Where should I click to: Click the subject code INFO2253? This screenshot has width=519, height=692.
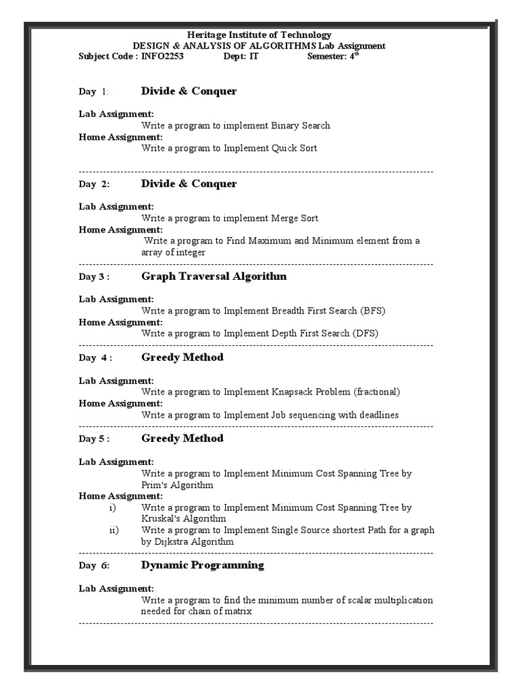point(162,57)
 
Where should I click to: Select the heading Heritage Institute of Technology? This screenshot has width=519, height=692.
point(259,35)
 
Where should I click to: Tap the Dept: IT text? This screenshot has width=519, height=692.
point(241,57)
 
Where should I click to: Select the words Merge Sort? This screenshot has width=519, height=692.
point(294,218)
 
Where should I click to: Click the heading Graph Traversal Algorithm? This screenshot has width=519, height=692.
point(214,276)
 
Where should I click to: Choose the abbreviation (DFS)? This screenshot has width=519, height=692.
point(365,333)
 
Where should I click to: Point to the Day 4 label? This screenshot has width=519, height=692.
point(95,358)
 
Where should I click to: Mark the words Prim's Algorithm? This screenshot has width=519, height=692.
point(177,485)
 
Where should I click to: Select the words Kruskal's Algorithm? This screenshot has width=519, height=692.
point(183,518)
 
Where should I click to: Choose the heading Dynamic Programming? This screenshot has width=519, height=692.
point(203,565)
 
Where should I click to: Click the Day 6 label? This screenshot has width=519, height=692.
point(94,566)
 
